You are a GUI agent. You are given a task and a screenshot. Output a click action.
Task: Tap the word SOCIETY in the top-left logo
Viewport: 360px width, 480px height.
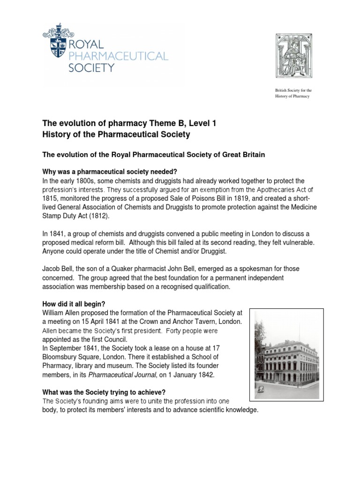click(x=92, y=67)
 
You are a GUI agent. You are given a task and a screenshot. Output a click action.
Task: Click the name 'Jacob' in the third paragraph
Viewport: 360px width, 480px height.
click(x=52, y=268)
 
